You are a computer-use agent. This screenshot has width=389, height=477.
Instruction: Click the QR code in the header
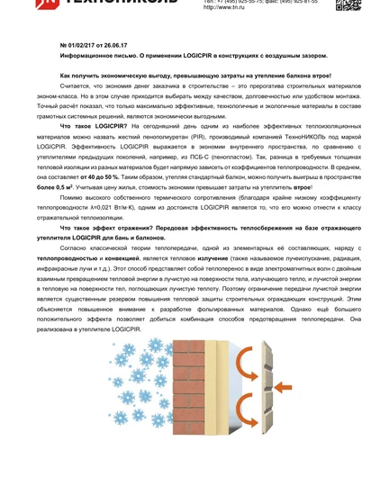click(348, 4)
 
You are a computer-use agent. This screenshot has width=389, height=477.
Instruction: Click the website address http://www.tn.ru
click(223, 7)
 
